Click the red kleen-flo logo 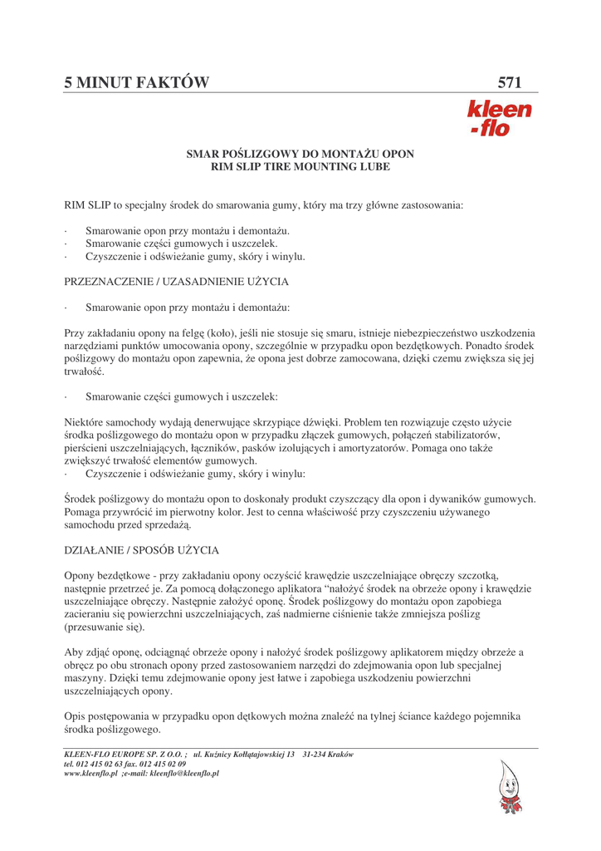[x=499, y=118]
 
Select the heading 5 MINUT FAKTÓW [x=137, y=82]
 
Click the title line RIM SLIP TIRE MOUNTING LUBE [x=300, y=167]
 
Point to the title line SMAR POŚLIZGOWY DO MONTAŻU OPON [x=300, y=155]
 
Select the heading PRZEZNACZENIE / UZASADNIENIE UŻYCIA [x=176, y=283]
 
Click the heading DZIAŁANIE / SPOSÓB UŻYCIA [x=141, y=550]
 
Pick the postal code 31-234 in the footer [x=319, y=755]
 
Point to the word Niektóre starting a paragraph [x=86, y=422]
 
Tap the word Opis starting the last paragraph [x=76, y=716]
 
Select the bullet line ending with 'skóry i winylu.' [x=195, y=257]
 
